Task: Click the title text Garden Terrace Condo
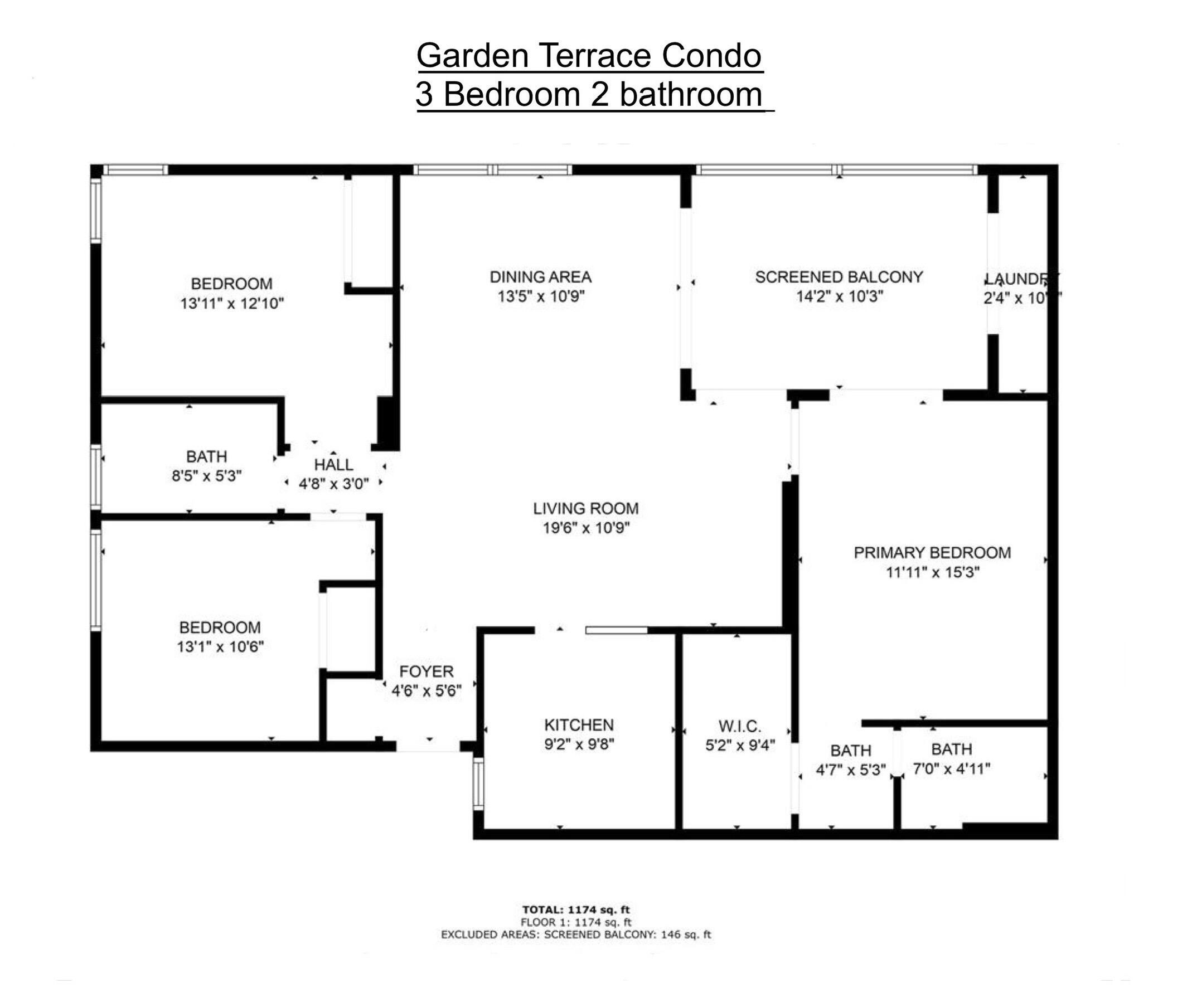(589, 56)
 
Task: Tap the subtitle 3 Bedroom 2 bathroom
(589, 94)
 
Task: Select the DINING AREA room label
(540, 277)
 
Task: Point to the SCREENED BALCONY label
(839, 277)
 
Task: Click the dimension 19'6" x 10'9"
(587, 528)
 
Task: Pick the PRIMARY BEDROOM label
(932, 553)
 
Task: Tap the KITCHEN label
(579, 724)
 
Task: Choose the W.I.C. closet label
(740, 726)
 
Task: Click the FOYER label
(427, 672)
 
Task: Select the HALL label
(334, 465)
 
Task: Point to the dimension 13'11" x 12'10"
(231, 304)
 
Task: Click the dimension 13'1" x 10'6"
(220, 647)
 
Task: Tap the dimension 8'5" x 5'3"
(207, 475)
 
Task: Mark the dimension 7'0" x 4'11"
(951, 769)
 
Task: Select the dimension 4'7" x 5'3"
(850, 771)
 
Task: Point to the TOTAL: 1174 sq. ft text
(575, 909)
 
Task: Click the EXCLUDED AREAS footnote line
(575, 934)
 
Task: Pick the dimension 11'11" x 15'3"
(933, 572)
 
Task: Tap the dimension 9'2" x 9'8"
(579, 744)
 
